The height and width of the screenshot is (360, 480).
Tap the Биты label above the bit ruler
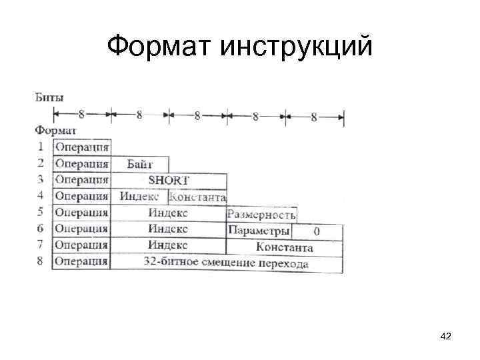pyautogui.click(x=49, y=97)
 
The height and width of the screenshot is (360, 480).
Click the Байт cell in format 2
pyautogui.click(x=139, y=163)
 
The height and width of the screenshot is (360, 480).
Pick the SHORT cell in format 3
pyautogui.click(x=168, y=180)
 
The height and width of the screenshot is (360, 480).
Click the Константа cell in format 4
pyautogui.click(x=198, y=197)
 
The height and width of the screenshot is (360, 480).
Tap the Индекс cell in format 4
pyautogui.click(x=139, y=197)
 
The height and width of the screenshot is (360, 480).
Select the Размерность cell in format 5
pyautogui.click(x=261, y=214)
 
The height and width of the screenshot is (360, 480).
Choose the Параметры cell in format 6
pyautogui.click(x=259, y=231)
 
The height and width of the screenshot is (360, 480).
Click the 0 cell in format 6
pyautogui.click(x=317, y=231)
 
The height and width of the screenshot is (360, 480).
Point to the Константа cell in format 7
pyautogui.click(x=285, y=247)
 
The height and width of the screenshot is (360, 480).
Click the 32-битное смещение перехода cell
pyautogui.click(x=226, y=263)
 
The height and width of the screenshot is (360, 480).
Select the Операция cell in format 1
pyautogui.click(x=82, y=147)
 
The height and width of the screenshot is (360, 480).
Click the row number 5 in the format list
pyautogui.click(x=41, y=213)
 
